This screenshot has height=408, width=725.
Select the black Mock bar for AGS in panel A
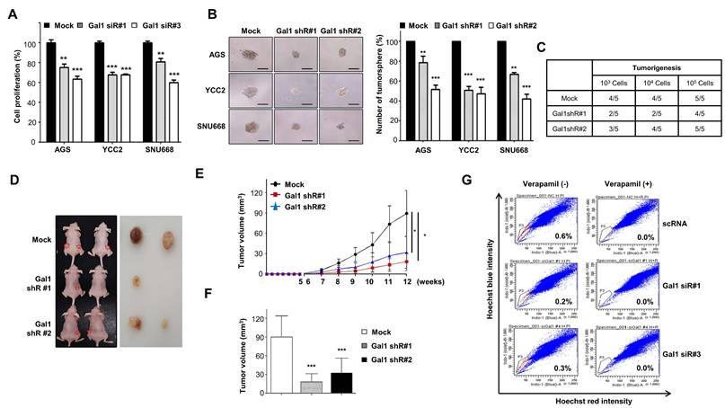pos(50,91)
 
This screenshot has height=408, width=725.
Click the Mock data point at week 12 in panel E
pos(406,213)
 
